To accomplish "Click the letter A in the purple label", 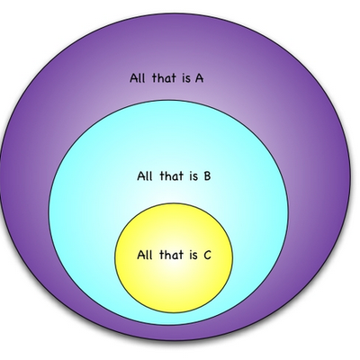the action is [199, 78].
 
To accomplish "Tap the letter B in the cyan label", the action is [207, 175].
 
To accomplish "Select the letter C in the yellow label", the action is [207, 255].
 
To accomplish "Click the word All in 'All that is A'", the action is [138, 78].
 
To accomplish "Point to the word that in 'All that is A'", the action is [164, 78].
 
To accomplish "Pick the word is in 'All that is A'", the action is [186, 78].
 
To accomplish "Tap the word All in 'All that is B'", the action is [145, 175].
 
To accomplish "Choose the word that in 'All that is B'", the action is [172, 175].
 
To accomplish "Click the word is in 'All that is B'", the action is [193, 176].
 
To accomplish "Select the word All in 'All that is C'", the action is [145, 255].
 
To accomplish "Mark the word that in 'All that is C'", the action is [171, 255].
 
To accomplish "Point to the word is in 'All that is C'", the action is [193, 256].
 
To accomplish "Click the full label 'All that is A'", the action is [166, 78].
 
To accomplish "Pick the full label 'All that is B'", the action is [174, 175].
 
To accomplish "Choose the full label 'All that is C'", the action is [175, 255].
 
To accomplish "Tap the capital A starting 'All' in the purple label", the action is [134, 78].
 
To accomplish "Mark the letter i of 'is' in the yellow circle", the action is [191, 256].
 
